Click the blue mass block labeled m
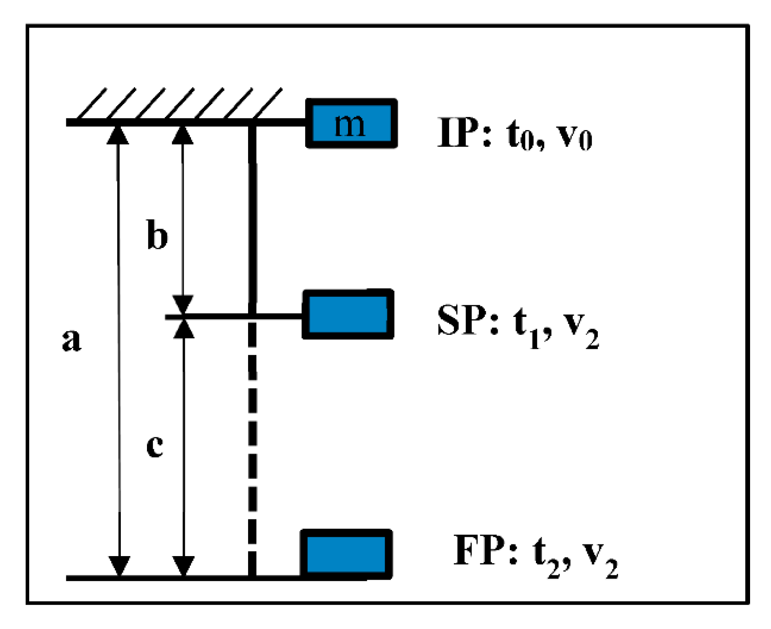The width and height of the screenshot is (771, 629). (x=351, y=124)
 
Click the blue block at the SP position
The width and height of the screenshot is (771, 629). (x=348, y=314)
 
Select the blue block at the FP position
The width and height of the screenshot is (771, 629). (x=346, y=554)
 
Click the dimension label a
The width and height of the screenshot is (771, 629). (x=72, y=339)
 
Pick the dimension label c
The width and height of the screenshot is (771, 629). (x=155, y=446)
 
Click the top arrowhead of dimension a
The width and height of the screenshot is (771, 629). (x=118, y=134)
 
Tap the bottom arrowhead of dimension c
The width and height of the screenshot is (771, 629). (x=184, y=566)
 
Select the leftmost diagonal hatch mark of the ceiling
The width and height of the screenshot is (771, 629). (x=92, y=103)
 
